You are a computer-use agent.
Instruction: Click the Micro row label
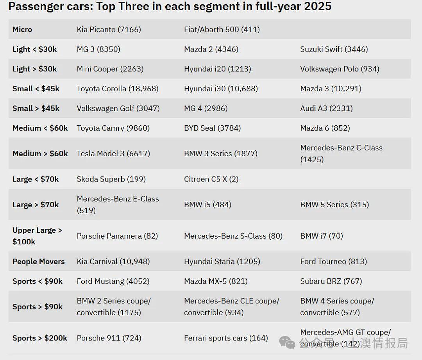[22, 29]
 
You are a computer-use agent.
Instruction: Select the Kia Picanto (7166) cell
[109, 29]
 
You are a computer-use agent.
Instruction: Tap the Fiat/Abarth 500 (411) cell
[222, 29]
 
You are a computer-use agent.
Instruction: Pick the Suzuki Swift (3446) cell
[334, 49]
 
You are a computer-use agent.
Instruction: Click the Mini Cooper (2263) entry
[110, 69]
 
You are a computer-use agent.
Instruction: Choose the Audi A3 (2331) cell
[326, 108]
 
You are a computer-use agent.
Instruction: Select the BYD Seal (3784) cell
[212, 128]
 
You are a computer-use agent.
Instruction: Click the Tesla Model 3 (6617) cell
[113, 153]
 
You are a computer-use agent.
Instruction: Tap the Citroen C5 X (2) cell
[211, 179]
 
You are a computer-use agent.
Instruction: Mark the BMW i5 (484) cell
[208, 205]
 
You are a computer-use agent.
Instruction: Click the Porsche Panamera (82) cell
[117, 236]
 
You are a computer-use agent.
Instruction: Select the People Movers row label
[38, 261]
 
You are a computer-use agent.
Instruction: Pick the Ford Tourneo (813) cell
[333, 261]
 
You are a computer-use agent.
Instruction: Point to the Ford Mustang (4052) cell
[113, 281]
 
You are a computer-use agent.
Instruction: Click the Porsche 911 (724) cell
[109, 338]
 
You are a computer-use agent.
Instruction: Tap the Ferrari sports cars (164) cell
[226, 338]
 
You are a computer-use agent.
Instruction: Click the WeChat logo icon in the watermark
[287, 342]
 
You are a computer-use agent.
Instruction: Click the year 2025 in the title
[318, 6]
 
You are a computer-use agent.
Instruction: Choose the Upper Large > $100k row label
[37, 236]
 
